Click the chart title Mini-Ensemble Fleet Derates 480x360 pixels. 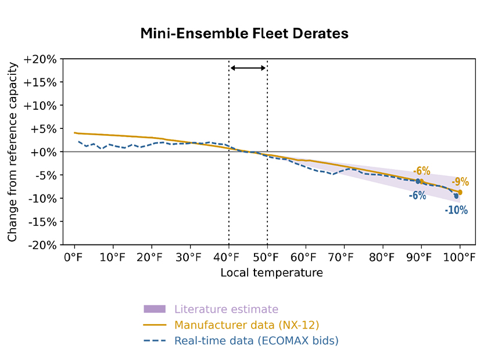pyautogui.click(x=244, y=34)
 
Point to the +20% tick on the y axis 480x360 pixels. pyautogui.click(x=41, y=59)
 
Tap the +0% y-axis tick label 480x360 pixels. pyautogui.click(x=41, y=152)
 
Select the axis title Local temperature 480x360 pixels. pyautogui.click(x=271, y=272)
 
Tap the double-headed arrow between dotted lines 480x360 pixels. pyautogui.click(x=248, y=68)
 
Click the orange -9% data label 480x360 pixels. pyautogui.click(x=460, y=182)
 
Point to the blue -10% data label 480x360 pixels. pyautogui.click(x=456, y=210)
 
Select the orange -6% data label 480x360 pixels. pyautogui.click(x=422, y=171)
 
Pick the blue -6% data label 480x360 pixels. pyautogui.click(x=417, y=196)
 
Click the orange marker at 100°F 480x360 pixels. pyautogui.click(x=460, y=192)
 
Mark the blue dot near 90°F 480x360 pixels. pyautogui.click(x=418, y=181)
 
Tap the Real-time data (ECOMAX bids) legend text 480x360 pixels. pyautogui.click(x=256, y=341)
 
